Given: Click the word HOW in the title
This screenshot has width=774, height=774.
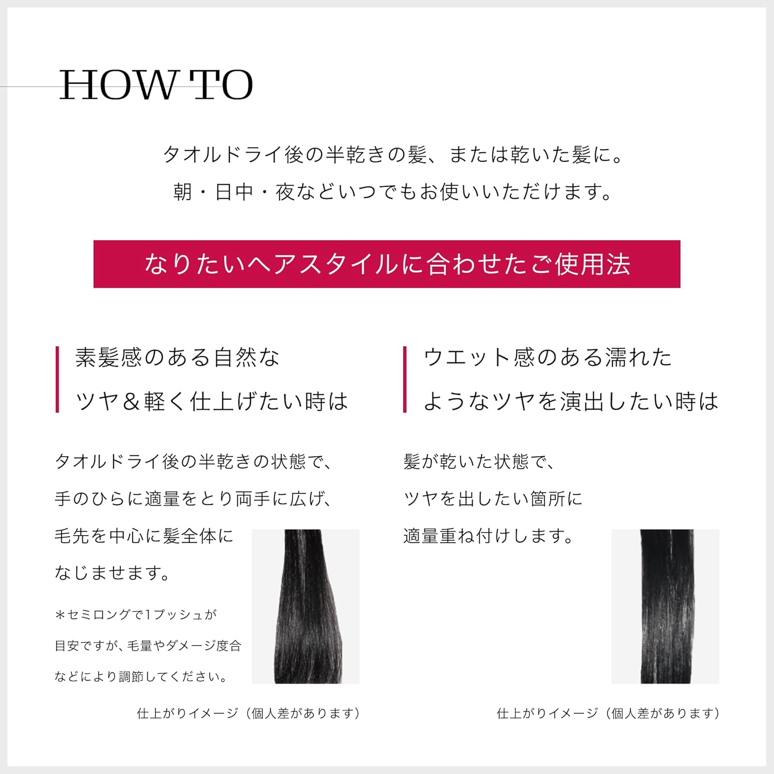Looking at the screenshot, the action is coord(118,85).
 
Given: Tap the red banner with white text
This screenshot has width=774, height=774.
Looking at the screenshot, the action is coord(387,264).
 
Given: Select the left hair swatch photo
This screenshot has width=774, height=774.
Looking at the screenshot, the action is coord(305,606).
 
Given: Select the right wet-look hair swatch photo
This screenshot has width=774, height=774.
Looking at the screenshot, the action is coord(665,606).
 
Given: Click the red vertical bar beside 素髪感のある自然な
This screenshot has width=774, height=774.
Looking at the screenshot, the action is coord(57,379).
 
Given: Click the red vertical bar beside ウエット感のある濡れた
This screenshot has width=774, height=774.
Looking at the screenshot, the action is coord(405,379).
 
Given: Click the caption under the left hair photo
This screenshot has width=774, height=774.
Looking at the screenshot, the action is coord(248,713).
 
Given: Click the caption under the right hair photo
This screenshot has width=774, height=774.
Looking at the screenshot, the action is coord(608,713).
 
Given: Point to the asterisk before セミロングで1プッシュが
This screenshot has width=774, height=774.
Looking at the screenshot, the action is coord(60,615).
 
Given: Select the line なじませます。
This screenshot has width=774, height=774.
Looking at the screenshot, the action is coord(112,573).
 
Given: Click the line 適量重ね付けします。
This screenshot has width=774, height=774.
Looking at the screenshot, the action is coord(488,536).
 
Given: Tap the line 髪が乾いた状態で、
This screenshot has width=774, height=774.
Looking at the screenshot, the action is coord(479,461).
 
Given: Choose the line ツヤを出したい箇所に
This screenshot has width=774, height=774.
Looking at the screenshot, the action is coord(493,498).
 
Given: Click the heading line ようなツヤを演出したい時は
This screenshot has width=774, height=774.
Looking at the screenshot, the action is coord(571,401).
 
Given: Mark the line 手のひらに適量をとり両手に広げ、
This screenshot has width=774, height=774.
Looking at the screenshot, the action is coord(193,498).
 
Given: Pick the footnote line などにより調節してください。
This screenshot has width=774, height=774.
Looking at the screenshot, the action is coord(141,676).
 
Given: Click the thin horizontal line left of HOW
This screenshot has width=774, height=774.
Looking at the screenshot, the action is coord(30,86).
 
